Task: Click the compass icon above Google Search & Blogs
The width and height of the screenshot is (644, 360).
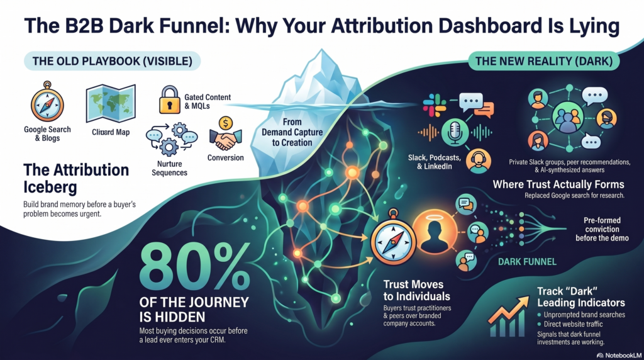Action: [x=47, y=104]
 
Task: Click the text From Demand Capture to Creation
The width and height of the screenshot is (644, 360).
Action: [x=292, y=132]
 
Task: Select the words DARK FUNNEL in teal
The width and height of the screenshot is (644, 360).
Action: [x=527, y=261]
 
